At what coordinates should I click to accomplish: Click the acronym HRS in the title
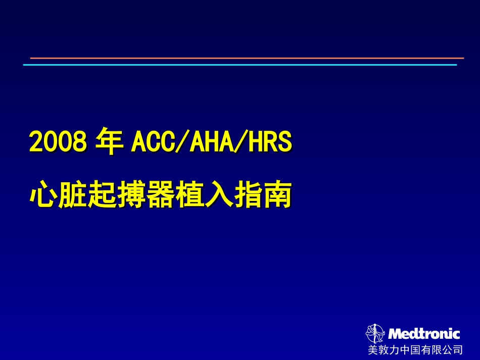271,142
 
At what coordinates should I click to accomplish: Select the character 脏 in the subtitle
73,196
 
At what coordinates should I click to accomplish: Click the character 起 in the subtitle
102,196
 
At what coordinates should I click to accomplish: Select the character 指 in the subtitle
248,196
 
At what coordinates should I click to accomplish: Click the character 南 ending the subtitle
277,196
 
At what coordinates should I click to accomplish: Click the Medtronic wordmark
424,334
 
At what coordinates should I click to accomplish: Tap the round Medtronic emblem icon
375,333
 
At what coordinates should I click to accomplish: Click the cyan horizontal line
239,65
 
